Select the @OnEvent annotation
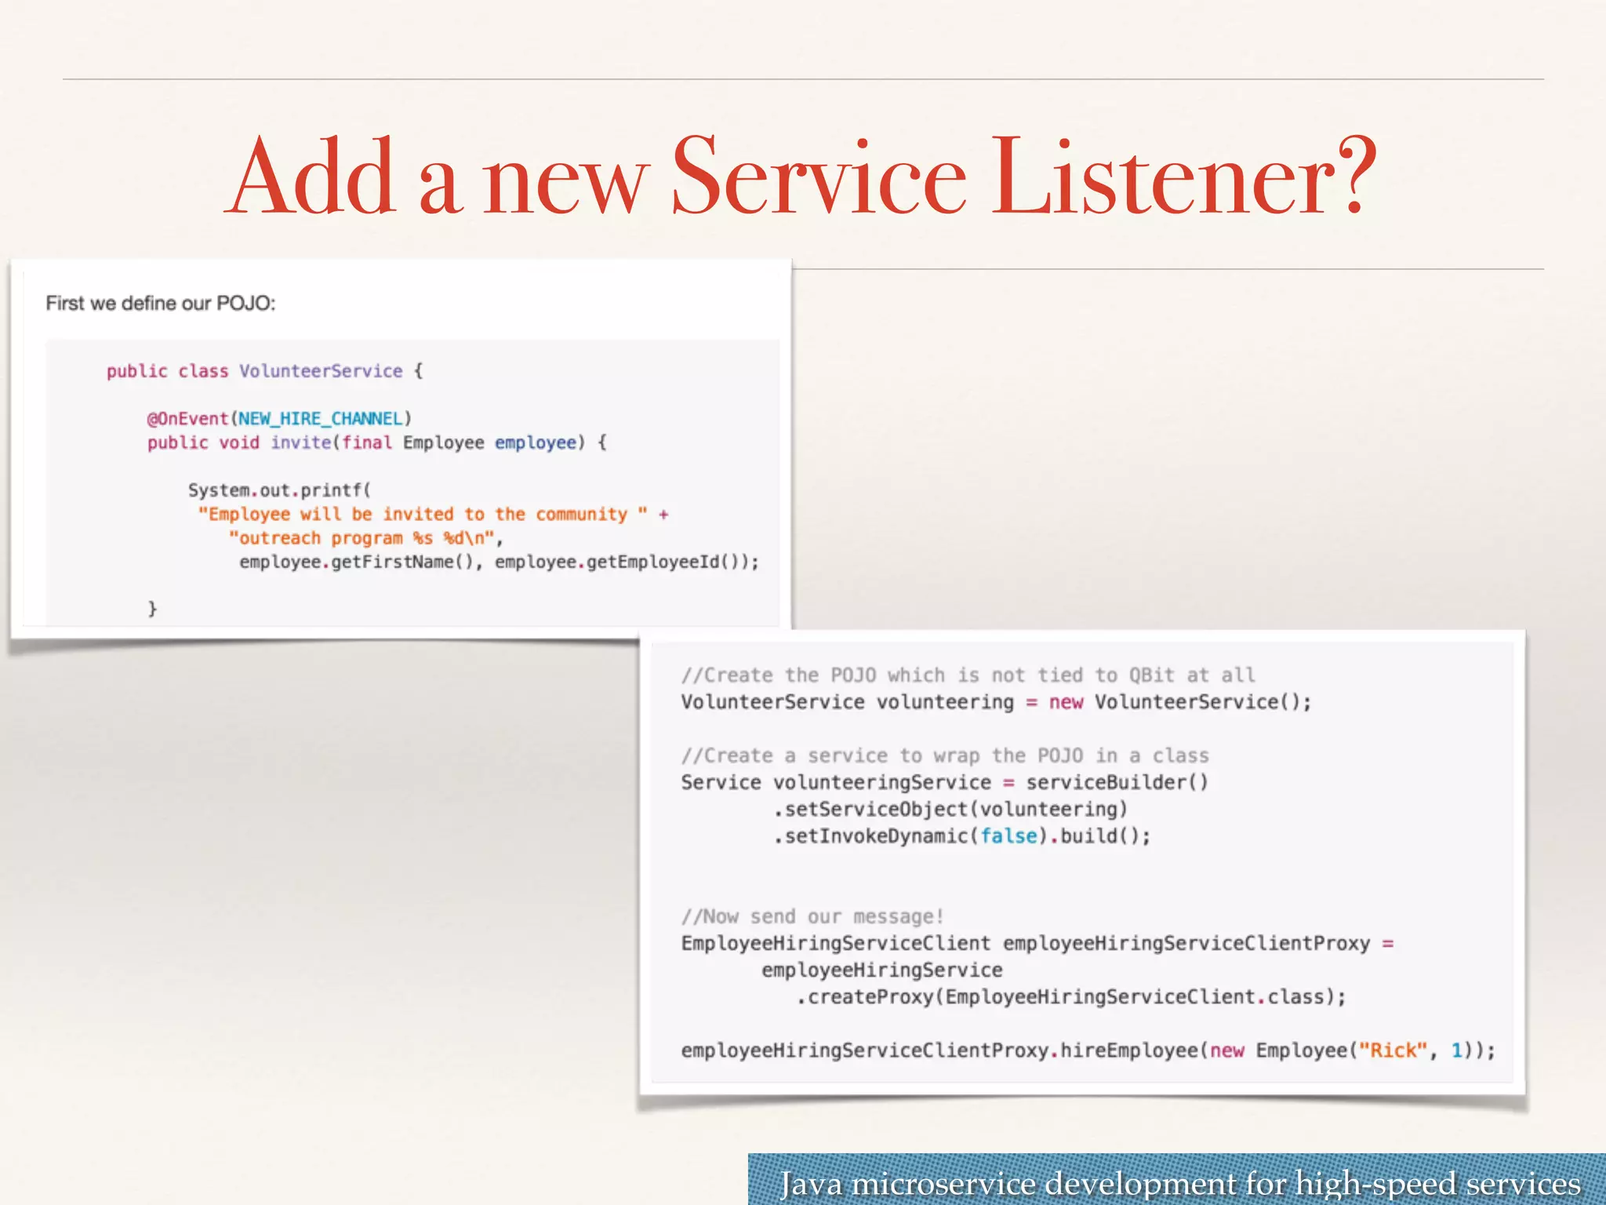[188, 419]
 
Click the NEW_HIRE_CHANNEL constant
[321, 419]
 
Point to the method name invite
[301, 443]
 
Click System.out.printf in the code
[278, 491]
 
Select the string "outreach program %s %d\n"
[362, 539]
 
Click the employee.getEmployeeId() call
[624, 562]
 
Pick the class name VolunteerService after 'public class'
[321, 371]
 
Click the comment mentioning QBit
[968, 675]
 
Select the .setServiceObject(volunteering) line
[950, 810]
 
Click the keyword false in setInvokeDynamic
[1008, 836]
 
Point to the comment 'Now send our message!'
[812, 917]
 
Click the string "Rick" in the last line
[1393, 1051]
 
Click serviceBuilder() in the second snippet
[1117, 783]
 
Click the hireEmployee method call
[1129, 1051]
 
